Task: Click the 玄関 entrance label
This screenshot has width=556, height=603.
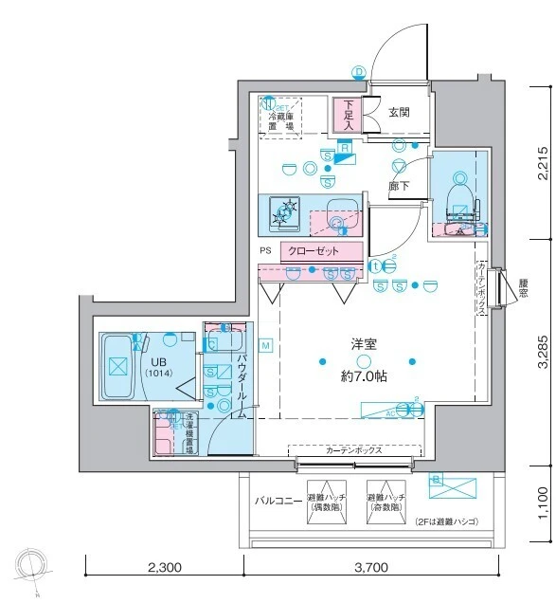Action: (x=399, y=112)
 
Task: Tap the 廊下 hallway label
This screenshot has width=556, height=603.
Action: (x=400, y=187)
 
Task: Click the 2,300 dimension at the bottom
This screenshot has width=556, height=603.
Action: (x=165, y=569)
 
